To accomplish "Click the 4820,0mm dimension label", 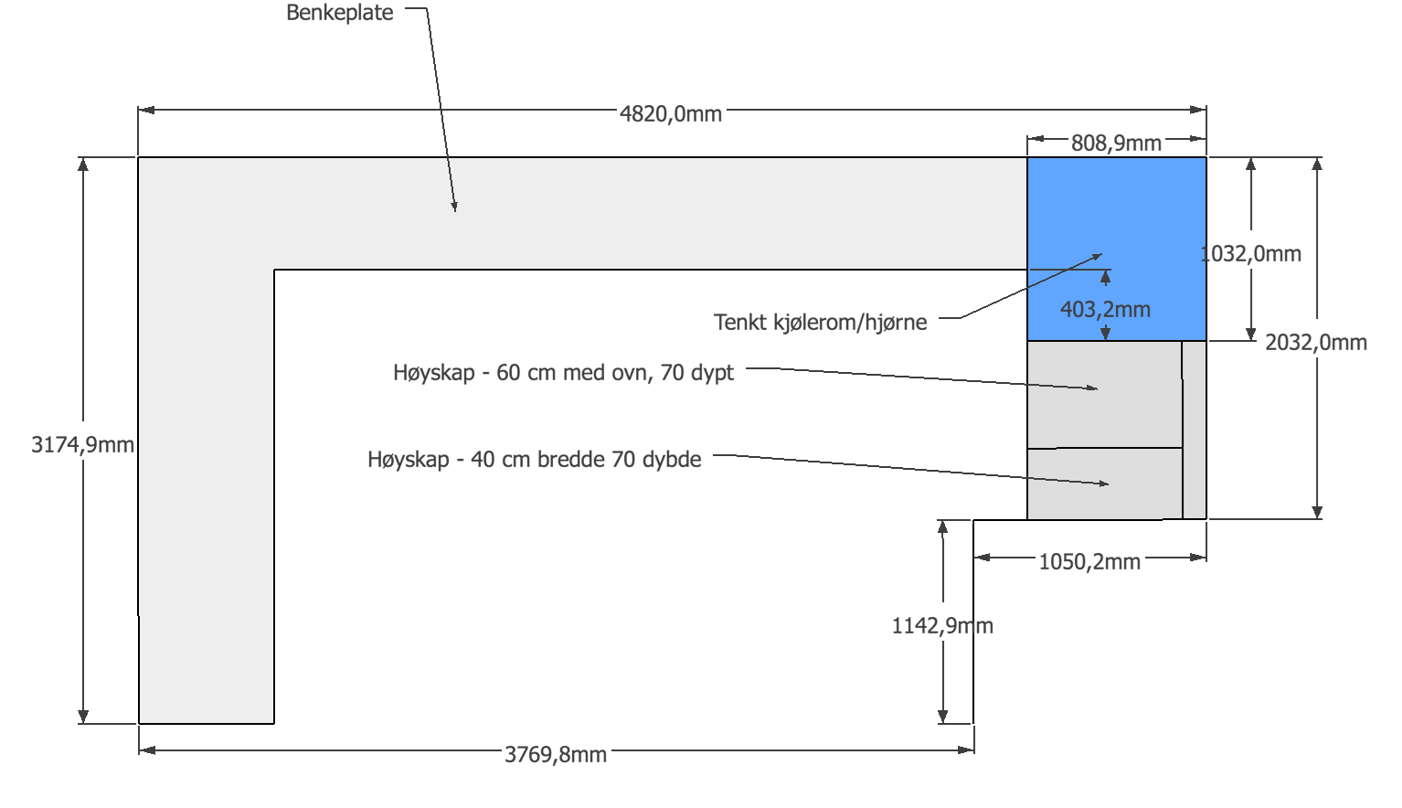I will pyautogui.click(x=671, y=114).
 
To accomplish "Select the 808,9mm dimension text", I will pyautogui.click(x=1116, y=144).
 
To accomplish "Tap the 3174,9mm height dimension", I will pyautogui.click(x=82, y=445).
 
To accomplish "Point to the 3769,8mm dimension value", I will pyautogui.click(x=556, y=755).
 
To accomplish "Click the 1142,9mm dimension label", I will pyautogui.click(x=942, y=626).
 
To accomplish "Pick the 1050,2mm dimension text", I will pyautogui.click(x=1089, y=562).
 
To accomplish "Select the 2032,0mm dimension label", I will pyautogui.click(x=1316, y=343).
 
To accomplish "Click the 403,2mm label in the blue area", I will pyautogui.click(x=1105, y=310).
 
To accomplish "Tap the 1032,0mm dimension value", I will pyautogui.click(x=1251, y=254).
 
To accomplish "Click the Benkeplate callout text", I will pyautogui.click(x=340, y=13).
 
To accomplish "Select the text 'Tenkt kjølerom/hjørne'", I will pyautogui.click(x=820, y=323).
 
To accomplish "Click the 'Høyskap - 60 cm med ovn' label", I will pyautogui.click(x=563, y=373).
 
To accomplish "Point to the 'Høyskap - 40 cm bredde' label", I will pyautogui.click(x=534, y=460).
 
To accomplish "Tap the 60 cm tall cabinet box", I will pyautogui.click(x=1104, y=395).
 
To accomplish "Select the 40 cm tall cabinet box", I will pyautogui.click(x=1104, y=484).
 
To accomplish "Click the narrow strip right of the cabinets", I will pyautogui.click(x=1195, y=430).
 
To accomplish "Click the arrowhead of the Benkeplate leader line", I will pyautogui.click(x=454, y=208).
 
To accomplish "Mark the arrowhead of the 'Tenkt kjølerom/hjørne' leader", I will pyautogui.click(x=1099, y=256).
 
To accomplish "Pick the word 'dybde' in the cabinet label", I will pyautogui.click(x=672, y=460).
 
